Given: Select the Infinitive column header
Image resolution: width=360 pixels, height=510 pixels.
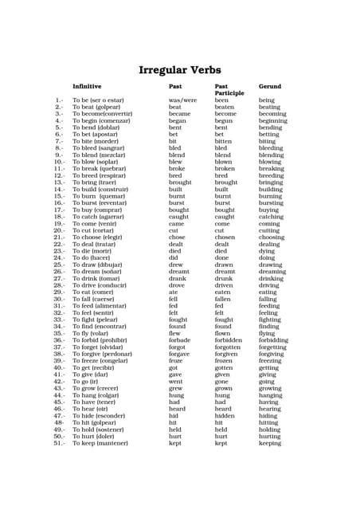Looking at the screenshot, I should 87,86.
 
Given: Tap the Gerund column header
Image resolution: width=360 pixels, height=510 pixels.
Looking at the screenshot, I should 270,86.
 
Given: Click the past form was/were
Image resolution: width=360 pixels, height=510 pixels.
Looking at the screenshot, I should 182,100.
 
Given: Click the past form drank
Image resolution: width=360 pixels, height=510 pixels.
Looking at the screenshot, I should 178,278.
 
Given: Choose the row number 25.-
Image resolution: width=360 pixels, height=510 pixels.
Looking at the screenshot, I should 59,265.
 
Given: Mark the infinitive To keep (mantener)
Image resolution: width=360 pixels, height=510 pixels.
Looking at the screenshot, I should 100,443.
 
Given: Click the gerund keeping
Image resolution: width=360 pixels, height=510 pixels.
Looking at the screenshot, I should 270,443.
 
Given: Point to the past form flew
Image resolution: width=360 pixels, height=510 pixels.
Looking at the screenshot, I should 176,333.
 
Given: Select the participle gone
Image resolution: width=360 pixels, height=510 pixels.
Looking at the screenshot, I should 222,381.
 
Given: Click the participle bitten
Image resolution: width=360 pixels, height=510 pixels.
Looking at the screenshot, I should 225,141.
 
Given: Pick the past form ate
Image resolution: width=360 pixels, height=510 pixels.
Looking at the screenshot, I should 174,292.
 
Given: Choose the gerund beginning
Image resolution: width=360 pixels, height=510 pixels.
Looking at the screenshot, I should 273,120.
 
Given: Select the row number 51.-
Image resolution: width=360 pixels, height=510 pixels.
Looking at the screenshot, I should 59,443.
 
